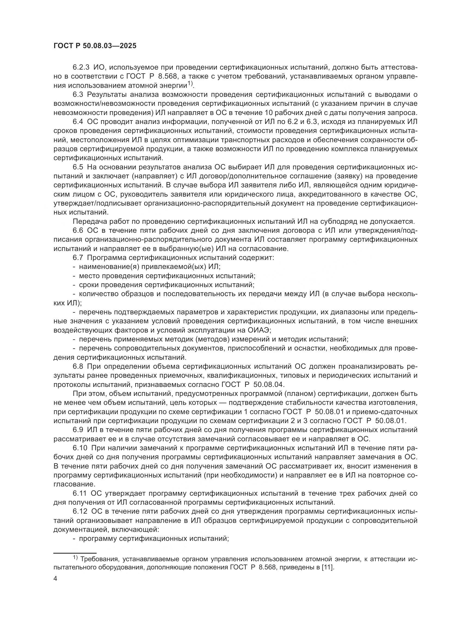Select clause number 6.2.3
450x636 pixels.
pyautogui.click(x=81, y=67)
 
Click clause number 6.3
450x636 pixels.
pyautogui.click(x=78, y=94)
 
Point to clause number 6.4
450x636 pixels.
pyautogui.click(x=78, y=122)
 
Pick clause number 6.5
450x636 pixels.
pyautogui.click(x=78, y=167)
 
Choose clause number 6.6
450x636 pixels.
pyautogui.click(x=78, y=231)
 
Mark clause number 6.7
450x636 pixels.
pyautogui.click(x=78, y=257)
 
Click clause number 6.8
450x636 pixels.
pyautogui.click(x=78, y=367)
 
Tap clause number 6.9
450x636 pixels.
pyautogui.click(x=78, y=430)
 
